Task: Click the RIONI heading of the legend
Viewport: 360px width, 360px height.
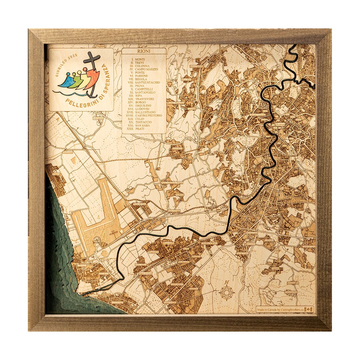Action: tap(144, 52)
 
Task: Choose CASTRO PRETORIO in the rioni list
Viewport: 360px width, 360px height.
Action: tap(149, 115)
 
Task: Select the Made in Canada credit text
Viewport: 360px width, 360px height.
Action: tap(280, 309)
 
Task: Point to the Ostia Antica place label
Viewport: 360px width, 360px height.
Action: tap(140, 265)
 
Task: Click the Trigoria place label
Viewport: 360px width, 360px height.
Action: tap(275, 268)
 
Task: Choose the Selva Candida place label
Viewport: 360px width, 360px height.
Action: tap(196, 66)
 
